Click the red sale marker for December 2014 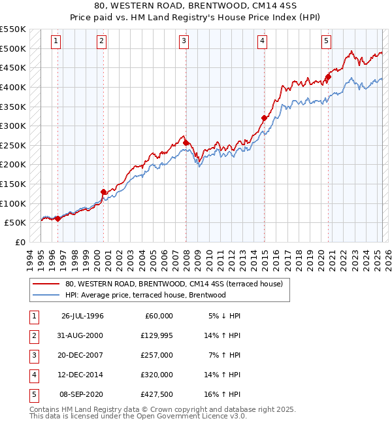point(265,118)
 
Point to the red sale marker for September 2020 point(329,76)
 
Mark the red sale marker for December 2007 point(186,143)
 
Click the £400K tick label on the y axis point(13,87)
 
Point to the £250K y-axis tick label point(13,145)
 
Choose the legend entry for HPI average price point(145,295)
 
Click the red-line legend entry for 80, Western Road point(173,284)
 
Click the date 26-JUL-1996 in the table point(82,316)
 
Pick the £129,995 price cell point(157,335)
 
